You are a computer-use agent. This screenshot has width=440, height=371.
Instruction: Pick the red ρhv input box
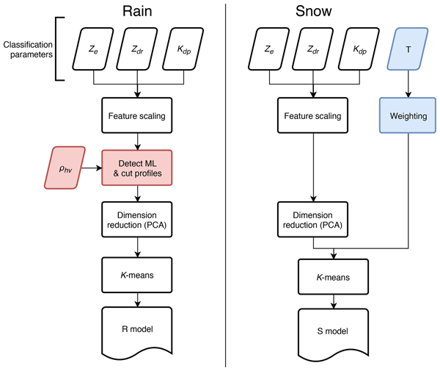[67, 167]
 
